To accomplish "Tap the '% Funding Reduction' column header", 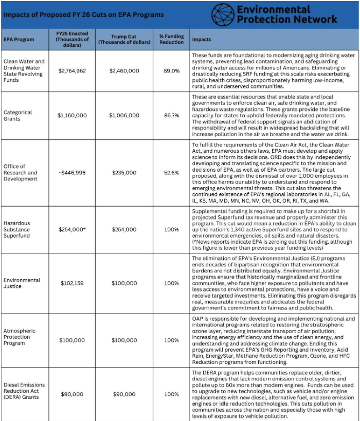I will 171,40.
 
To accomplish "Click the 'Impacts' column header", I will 201,40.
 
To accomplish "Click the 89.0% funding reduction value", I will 171,70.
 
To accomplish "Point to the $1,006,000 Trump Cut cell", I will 124,116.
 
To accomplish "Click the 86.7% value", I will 171,116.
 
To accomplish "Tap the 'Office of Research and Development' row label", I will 20,173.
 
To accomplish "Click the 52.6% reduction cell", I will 171,173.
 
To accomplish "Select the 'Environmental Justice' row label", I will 22,283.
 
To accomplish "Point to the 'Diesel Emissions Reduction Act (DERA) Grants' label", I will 24,394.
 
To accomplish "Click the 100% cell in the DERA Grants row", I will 171,394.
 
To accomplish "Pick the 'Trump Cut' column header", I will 124,40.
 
